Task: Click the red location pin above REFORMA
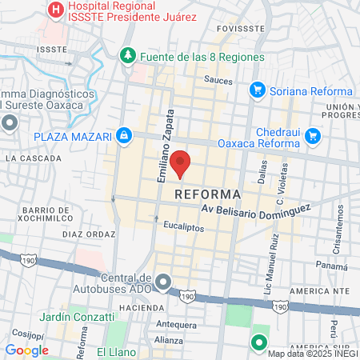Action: click(x=181, y=162)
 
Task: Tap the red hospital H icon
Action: click(x=57, y=10)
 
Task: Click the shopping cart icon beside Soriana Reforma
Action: click(x=257, y=90)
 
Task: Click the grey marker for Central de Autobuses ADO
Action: click(x=163, y=282)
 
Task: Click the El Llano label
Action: click(x=111, y=352)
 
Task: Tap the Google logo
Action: click(x=26, y=350)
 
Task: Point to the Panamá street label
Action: click(x=330, y=265)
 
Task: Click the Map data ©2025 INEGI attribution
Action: click(x=311, y=354)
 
